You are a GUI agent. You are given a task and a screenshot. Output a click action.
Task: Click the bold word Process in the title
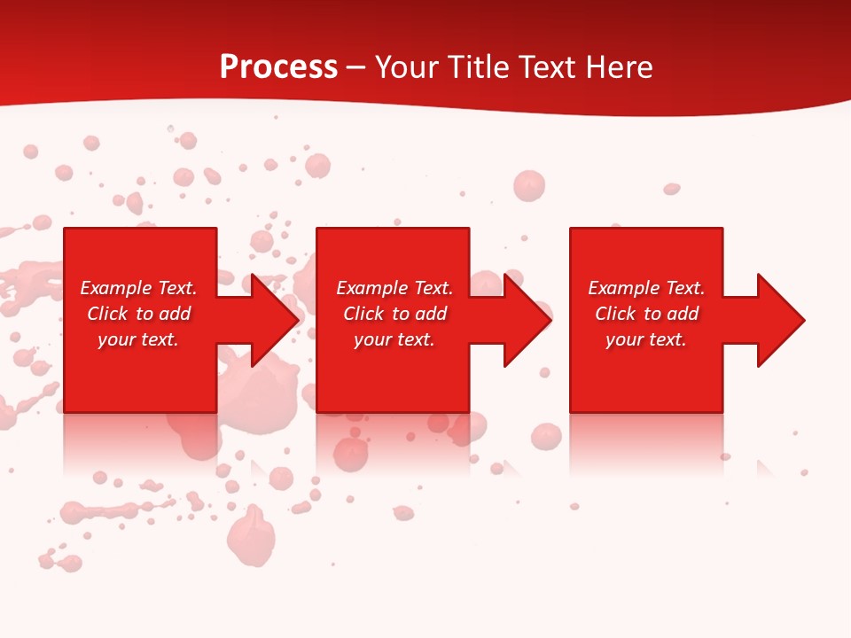coord(278,67)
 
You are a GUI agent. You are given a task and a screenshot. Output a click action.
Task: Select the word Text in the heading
coord(544,67)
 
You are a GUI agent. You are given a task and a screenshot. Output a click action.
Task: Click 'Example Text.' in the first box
coord(138,288)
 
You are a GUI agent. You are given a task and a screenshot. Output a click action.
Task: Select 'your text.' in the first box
coord(138,339)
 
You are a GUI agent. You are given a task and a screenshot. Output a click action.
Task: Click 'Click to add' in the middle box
coord(394,314)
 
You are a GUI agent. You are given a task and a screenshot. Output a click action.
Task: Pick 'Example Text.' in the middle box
coord(394,288)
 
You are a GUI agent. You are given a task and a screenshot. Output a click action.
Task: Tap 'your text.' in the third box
coord(646,339)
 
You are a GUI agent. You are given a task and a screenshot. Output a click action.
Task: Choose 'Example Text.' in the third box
coord(646,288)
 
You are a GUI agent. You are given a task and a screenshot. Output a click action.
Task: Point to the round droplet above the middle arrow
coord(528,185)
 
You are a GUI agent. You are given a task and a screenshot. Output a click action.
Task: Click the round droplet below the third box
coord(546,435)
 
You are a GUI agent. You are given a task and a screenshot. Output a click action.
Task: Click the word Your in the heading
coord(407,67)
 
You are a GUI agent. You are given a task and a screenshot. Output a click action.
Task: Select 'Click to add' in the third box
coord(646,314)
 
